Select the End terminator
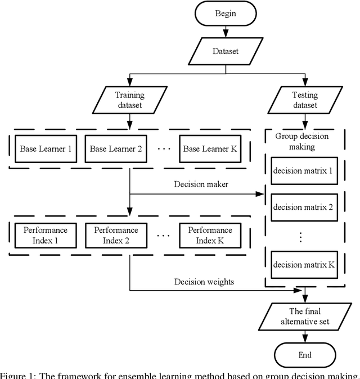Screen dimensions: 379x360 (x=304, y=355)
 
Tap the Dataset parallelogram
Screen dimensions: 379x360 (x=225, y=51)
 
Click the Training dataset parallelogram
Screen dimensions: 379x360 (x=130, y=100)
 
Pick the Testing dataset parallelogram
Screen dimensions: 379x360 (x=304, y=100)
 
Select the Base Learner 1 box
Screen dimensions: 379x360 (x=46, y=149)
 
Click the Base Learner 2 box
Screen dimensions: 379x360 (x=115, y=149)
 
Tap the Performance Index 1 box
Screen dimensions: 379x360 (x=46, y=236)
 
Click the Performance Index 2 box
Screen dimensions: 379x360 (x=115, y=236)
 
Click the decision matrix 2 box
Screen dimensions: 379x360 (x=304, y=207)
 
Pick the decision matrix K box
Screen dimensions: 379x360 (x=304, y=264)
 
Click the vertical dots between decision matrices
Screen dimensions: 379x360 (x=301, y=236)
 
